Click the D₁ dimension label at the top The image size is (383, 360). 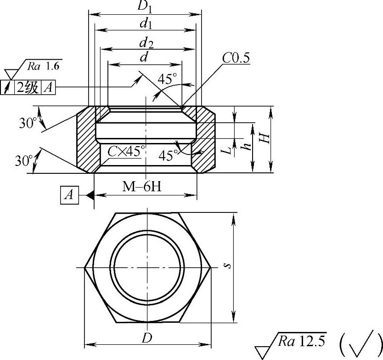145,6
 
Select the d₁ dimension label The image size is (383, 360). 146,24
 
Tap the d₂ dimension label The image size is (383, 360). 146,43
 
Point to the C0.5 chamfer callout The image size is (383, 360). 236,58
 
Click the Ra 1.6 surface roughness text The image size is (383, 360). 43,66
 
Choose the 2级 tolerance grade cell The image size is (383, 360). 28,87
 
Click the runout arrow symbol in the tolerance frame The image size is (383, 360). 7,87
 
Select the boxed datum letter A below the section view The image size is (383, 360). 70,195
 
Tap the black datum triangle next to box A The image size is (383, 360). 90,195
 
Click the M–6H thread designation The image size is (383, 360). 142,187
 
